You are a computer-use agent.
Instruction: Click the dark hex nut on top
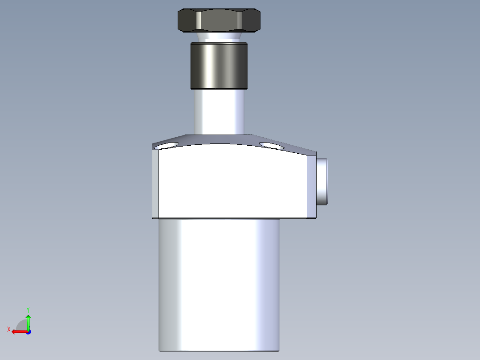click(219, 20)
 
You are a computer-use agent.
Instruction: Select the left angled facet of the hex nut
click(187, 20)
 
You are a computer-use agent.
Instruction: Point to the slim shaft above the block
click(219, 111)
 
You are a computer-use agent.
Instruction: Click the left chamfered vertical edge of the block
click(155, 183)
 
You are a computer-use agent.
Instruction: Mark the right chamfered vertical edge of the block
click(312, 185)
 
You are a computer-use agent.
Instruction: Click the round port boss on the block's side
click(322, 181)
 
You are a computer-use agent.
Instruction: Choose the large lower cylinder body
click(219, 285)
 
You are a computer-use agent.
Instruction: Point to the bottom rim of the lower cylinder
click(219, 350)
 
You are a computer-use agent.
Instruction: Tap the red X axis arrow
click(18, 331)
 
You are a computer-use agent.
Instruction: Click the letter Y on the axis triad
click(28, 309)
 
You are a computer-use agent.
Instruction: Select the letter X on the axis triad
click(8, 330)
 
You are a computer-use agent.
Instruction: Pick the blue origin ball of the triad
click(28, 331)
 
